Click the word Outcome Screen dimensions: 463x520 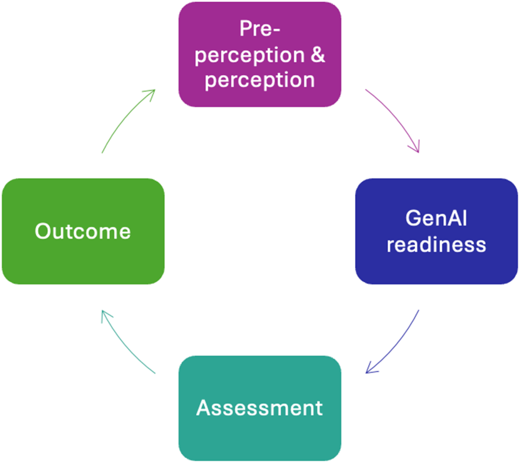(83, 231)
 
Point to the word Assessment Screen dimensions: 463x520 (259, 408)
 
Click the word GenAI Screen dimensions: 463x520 (436, 218)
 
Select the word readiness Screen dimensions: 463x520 (436, 244)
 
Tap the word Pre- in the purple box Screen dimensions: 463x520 (259, 29)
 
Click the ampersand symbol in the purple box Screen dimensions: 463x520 (318, 55)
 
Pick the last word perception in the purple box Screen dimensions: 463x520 (259, 80)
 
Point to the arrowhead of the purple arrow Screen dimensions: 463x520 (417, 148)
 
